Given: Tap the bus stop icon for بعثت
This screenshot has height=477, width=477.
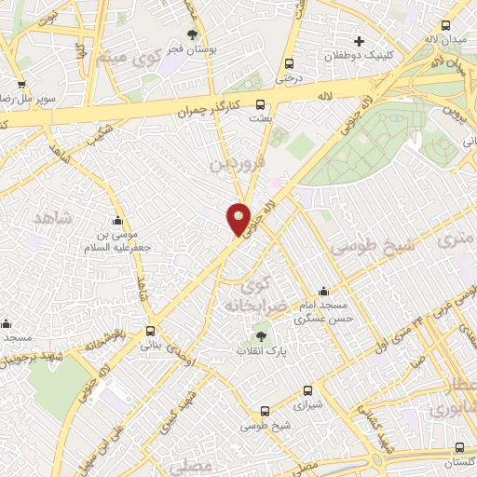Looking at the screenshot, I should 260,105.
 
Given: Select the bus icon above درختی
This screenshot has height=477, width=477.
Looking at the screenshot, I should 289,64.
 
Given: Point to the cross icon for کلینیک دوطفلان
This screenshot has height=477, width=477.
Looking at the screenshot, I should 359,41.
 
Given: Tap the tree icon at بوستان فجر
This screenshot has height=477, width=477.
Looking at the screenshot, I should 193,34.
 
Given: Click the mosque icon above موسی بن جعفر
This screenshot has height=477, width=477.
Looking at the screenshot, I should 118,221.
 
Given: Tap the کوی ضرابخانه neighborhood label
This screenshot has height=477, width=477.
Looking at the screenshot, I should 247,294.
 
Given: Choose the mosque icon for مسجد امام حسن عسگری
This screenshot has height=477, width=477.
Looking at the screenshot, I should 322,291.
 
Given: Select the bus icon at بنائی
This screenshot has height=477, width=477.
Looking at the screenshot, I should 151,331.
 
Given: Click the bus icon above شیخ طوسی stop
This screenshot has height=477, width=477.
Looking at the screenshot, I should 266,411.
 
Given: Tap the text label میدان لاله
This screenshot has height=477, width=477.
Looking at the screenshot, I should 445,40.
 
